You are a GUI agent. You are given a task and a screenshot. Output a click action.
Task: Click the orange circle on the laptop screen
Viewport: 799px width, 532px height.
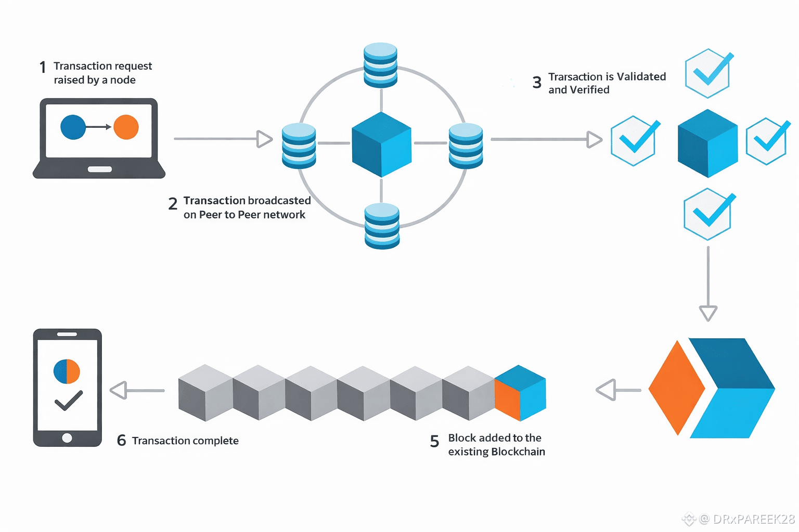pos(126,127)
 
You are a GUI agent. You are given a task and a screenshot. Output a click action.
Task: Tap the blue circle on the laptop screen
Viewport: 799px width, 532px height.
pos(73,127)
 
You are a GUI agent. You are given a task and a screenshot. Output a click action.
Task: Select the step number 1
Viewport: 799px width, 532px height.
pos(43,68)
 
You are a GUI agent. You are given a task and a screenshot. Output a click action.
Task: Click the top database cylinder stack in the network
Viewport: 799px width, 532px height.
pos(380,65)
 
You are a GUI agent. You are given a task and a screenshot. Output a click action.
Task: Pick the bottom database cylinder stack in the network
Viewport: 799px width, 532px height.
pos(382,226)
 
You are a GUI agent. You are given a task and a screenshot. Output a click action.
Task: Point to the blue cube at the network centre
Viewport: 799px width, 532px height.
pos(382,144)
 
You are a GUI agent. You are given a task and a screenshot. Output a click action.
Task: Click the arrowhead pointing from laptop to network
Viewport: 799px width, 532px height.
pos(264,139)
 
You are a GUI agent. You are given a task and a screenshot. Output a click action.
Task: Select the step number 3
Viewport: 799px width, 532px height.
pos(537,82)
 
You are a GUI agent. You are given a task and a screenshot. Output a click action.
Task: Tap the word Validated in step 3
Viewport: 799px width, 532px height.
pos(641,76)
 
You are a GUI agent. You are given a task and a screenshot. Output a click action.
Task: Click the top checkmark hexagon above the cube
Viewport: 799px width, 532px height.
pos(709,73)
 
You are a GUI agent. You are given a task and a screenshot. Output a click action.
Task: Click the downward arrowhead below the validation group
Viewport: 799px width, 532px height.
pos(708,313)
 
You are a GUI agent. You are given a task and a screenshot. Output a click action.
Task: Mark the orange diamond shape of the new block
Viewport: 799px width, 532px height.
pos(677,388)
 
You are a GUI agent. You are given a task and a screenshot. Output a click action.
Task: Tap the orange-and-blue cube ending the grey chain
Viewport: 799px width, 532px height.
pos(520,393)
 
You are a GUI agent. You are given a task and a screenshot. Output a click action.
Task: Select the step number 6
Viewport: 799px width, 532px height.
pos(121,441)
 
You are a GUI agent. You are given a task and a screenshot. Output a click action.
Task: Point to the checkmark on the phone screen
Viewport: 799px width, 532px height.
pos(69,401)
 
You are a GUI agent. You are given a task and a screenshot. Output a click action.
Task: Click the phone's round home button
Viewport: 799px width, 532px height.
pos(67,437)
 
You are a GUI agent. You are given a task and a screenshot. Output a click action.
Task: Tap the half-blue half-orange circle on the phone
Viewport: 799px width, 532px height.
pos(67,371)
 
